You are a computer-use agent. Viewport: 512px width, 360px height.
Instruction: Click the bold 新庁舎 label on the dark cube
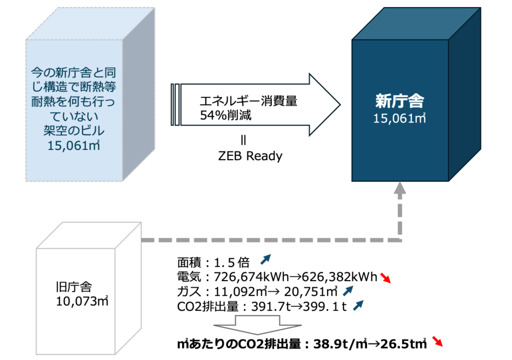[x=399, y=101]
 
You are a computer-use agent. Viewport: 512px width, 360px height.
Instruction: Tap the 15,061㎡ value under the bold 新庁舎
[x=399, y=119]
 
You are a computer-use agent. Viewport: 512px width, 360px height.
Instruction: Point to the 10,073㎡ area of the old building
[x=83, y=301]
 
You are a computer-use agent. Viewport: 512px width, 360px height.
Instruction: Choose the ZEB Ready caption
[x=250, y=156]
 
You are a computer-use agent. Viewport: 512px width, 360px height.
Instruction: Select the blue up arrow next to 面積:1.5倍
[x=265, y=259]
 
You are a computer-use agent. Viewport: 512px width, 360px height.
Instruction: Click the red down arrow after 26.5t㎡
[x=437, y=342]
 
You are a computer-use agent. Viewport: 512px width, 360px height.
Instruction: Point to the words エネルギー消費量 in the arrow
[x=248, y=101]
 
